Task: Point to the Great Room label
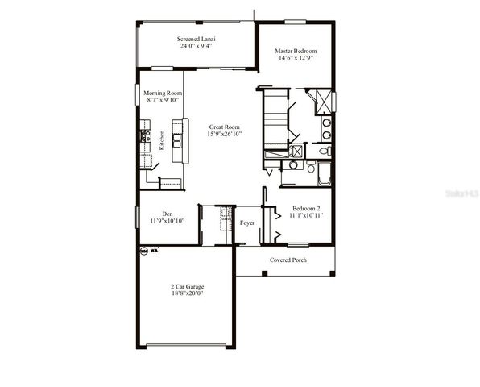(x=225, y=127)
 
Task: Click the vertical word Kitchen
(x=162, y=140)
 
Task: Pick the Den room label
(x=168, y=214)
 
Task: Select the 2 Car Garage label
(x=187, y=287)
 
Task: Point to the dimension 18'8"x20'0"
(x=187, y=294)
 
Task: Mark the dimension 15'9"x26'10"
(x=225, y=134)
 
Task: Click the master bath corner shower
(x=321, y=101)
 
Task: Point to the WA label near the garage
(x=153, y=251)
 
